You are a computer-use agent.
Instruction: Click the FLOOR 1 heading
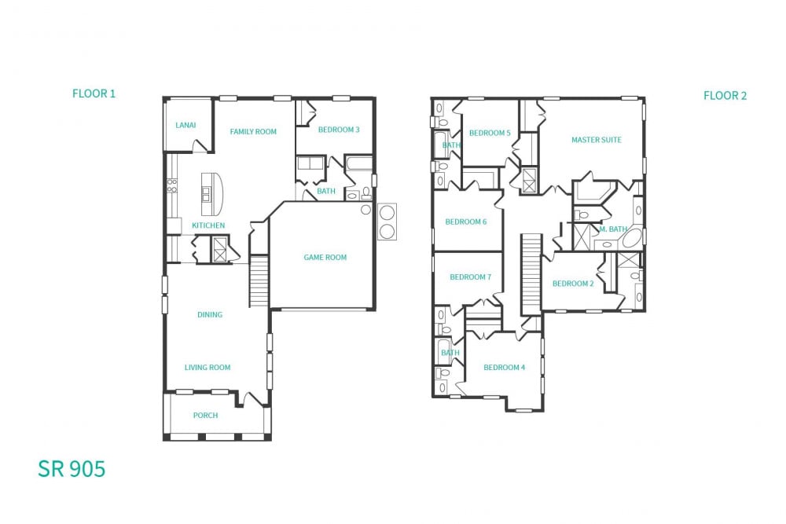click(94, 93)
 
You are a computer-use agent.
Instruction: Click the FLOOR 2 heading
click(725, 96)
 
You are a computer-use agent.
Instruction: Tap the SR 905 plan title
click(72, 469)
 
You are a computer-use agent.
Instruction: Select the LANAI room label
click(185, 125)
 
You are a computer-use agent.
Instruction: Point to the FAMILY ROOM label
click(253, 131)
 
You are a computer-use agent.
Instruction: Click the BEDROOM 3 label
click(339, 130)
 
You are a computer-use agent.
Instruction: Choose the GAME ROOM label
click(325, 257)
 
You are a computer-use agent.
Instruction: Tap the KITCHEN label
click(208, 225)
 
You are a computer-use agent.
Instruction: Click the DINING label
click(210, 314)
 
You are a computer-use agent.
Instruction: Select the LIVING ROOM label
click(208, 367)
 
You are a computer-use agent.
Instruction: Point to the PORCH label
click(205, 415)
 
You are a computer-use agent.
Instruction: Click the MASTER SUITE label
click(596, 140)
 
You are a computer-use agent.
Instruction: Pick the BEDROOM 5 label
click(490, 133)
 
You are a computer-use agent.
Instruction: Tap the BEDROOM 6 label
click(465, 222)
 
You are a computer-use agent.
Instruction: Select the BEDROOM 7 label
click(470, 277)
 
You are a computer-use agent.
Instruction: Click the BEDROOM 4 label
click(504, 367)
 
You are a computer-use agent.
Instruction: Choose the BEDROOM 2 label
click(572, 284)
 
